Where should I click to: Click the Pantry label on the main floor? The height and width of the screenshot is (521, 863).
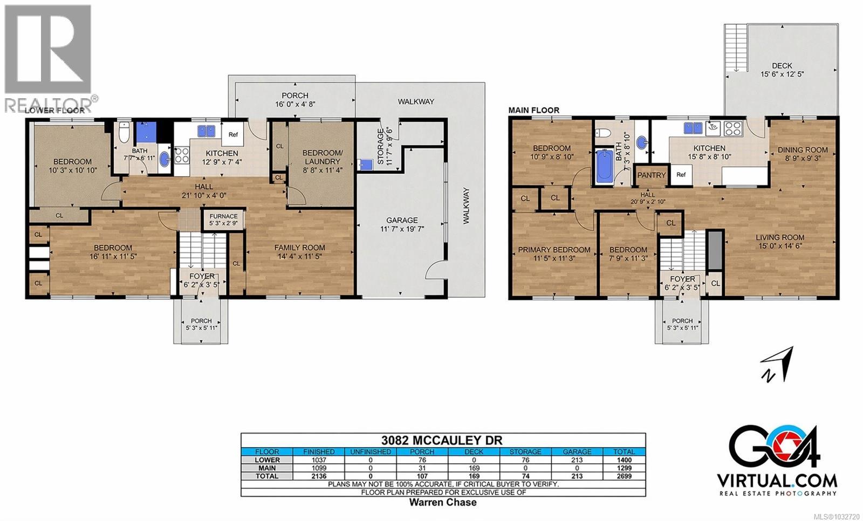(x=651, y=175)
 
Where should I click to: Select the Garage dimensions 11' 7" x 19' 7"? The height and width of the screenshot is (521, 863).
(x=402, y=229)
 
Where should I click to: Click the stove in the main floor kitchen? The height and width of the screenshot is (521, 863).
(x=732, y=128)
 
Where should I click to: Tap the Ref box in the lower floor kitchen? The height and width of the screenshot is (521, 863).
(x=233, y=135)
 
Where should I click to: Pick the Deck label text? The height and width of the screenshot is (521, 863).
(x=782, y=66)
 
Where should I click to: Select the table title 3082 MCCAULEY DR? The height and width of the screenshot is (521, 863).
(x=443, y=441)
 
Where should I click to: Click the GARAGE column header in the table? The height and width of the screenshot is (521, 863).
(x=577, y=451)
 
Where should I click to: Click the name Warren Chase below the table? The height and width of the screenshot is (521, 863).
(x=443, y=502)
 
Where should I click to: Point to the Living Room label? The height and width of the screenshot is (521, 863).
(x=779, y=237)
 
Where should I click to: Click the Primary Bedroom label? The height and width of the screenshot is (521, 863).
(x=554, y=250)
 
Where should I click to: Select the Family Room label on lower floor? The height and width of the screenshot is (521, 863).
(x=299, y=248)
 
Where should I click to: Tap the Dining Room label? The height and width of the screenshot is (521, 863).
(x=802, y=149)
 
